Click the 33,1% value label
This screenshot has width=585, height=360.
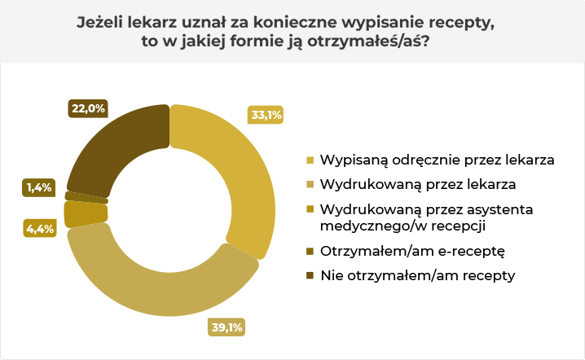point(266,116)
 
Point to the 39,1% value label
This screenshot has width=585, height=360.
point(227,329)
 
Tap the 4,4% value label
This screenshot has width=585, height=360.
point(39,229)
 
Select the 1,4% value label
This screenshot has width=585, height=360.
point(38,187)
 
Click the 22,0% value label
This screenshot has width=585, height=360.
point(88,108)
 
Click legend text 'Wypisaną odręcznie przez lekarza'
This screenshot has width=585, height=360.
point(438,159)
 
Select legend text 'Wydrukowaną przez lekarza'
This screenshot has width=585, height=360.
point(418,183)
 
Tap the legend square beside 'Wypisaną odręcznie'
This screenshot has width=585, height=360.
point(310,160)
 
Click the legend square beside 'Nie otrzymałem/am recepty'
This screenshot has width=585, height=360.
point(310,275)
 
